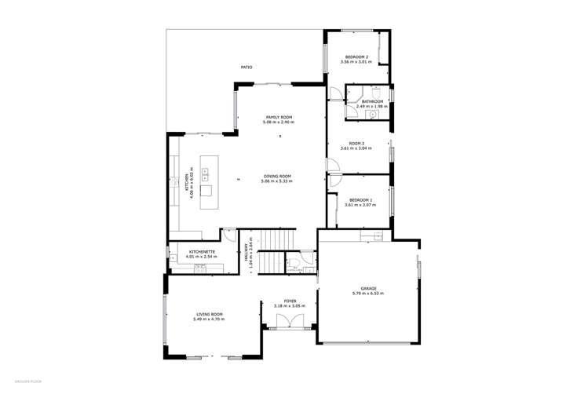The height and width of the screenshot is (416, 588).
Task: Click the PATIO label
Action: pyautogui.click(x=247, y=68)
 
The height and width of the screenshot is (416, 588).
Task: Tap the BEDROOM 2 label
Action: pyautogui.click(x=356, y=57)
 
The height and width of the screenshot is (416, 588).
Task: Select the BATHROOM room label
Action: pyautogui.click(x=372, y=101)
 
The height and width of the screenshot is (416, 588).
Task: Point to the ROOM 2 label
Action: pyautogui.click(x=357, y=143)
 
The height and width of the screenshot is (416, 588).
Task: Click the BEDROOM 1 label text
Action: pyautogui.click(x=360, y=200)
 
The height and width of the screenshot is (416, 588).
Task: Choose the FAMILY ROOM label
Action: pyautogui.click(x=279, y=117)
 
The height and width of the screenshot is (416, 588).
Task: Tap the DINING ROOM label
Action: pyautogui.click(x=277, y=176)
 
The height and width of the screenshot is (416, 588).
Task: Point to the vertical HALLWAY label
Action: pyautogui.click(x=246, y=253)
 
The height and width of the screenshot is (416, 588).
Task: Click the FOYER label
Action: pyautogui.click(x=290, y=300)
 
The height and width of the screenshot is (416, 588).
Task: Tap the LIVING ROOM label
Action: pyautogui.click(x=210, y=314)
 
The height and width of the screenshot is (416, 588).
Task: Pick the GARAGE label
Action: pyautogui.click(x=367, y=288)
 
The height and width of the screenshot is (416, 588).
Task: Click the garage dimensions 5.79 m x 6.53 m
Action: pyautogui.click(x=367, y=294)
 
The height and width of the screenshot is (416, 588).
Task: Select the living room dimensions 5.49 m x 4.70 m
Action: pyautogui.click(x=210, y=319)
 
